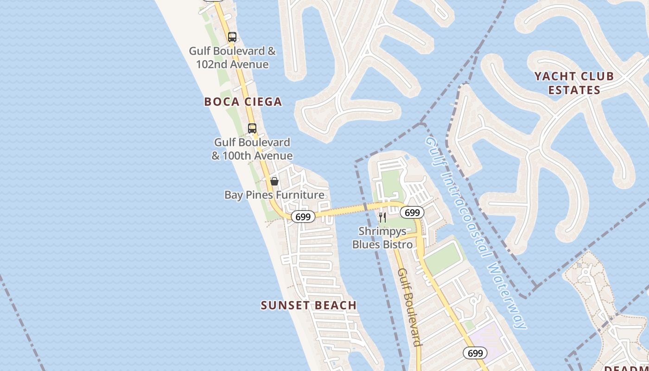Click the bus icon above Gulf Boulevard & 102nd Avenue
[x=232, y=37]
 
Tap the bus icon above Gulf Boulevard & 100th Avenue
[x=252, y=128]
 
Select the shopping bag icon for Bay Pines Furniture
[x=274, y=181]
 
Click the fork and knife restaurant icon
[x=382, y=217]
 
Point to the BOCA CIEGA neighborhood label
[x=243, y=102]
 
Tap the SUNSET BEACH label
[x=309, y=305]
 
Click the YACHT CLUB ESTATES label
[x=574, y=83]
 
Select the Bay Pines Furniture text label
[x=274, y=195]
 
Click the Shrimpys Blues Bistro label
[x=382, y=237]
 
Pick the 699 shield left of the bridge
[x=303, y=217]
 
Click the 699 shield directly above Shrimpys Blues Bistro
[x=412, y=212]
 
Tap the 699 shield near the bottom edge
[x=475, y=353]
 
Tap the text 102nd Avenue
[x=232, y=64]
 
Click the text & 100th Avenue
[x=252, y=155]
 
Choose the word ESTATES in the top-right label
[x=574, y=90]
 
